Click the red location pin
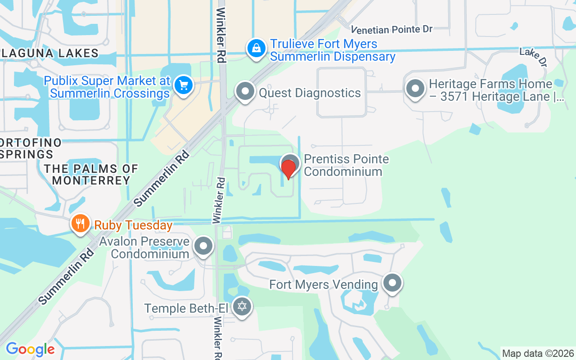pyautogui.click(x=288, y=169)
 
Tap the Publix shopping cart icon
pyautogui.click(x=184, y=85)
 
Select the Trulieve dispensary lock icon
pyautogui.click(x=256, y=48)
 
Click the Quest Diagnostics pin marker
pyautogui.click(x=245, y=91)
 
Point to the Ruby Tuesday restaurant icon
pyautogui.click(x=80, y=223)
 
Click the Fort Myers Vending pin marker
pyautogui.click(x=392, y=283)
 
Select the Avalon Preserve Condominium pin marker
pyautogui.click(x=203, y=246)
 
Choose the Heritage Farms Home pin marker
pyautogui.click(x=415, y=88)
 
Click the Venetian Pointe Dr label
pyautogui.click(x=392, y=30)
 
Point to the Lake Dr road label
pyautogui.click(x=533, y=57)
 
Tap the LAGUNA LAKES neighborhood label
pyautogui.click(x=49, y=53)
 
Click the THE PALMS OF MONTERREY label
pyautogui.click(x=91, y=175)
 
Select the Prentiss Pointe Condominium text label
pyautogui.click(x=346, y=165)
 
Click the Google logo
pyautogui.click(x=30, y=349)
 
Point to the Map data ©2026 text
pyautogui.click(x=538, y=353)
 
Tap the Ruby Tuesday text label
pyautogui.click(x=133, y=225)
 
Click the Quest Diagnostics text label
pyautogui.click(x=310, y=93)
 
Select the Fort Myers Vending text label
pyautogui.click(x=324, y=284)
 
